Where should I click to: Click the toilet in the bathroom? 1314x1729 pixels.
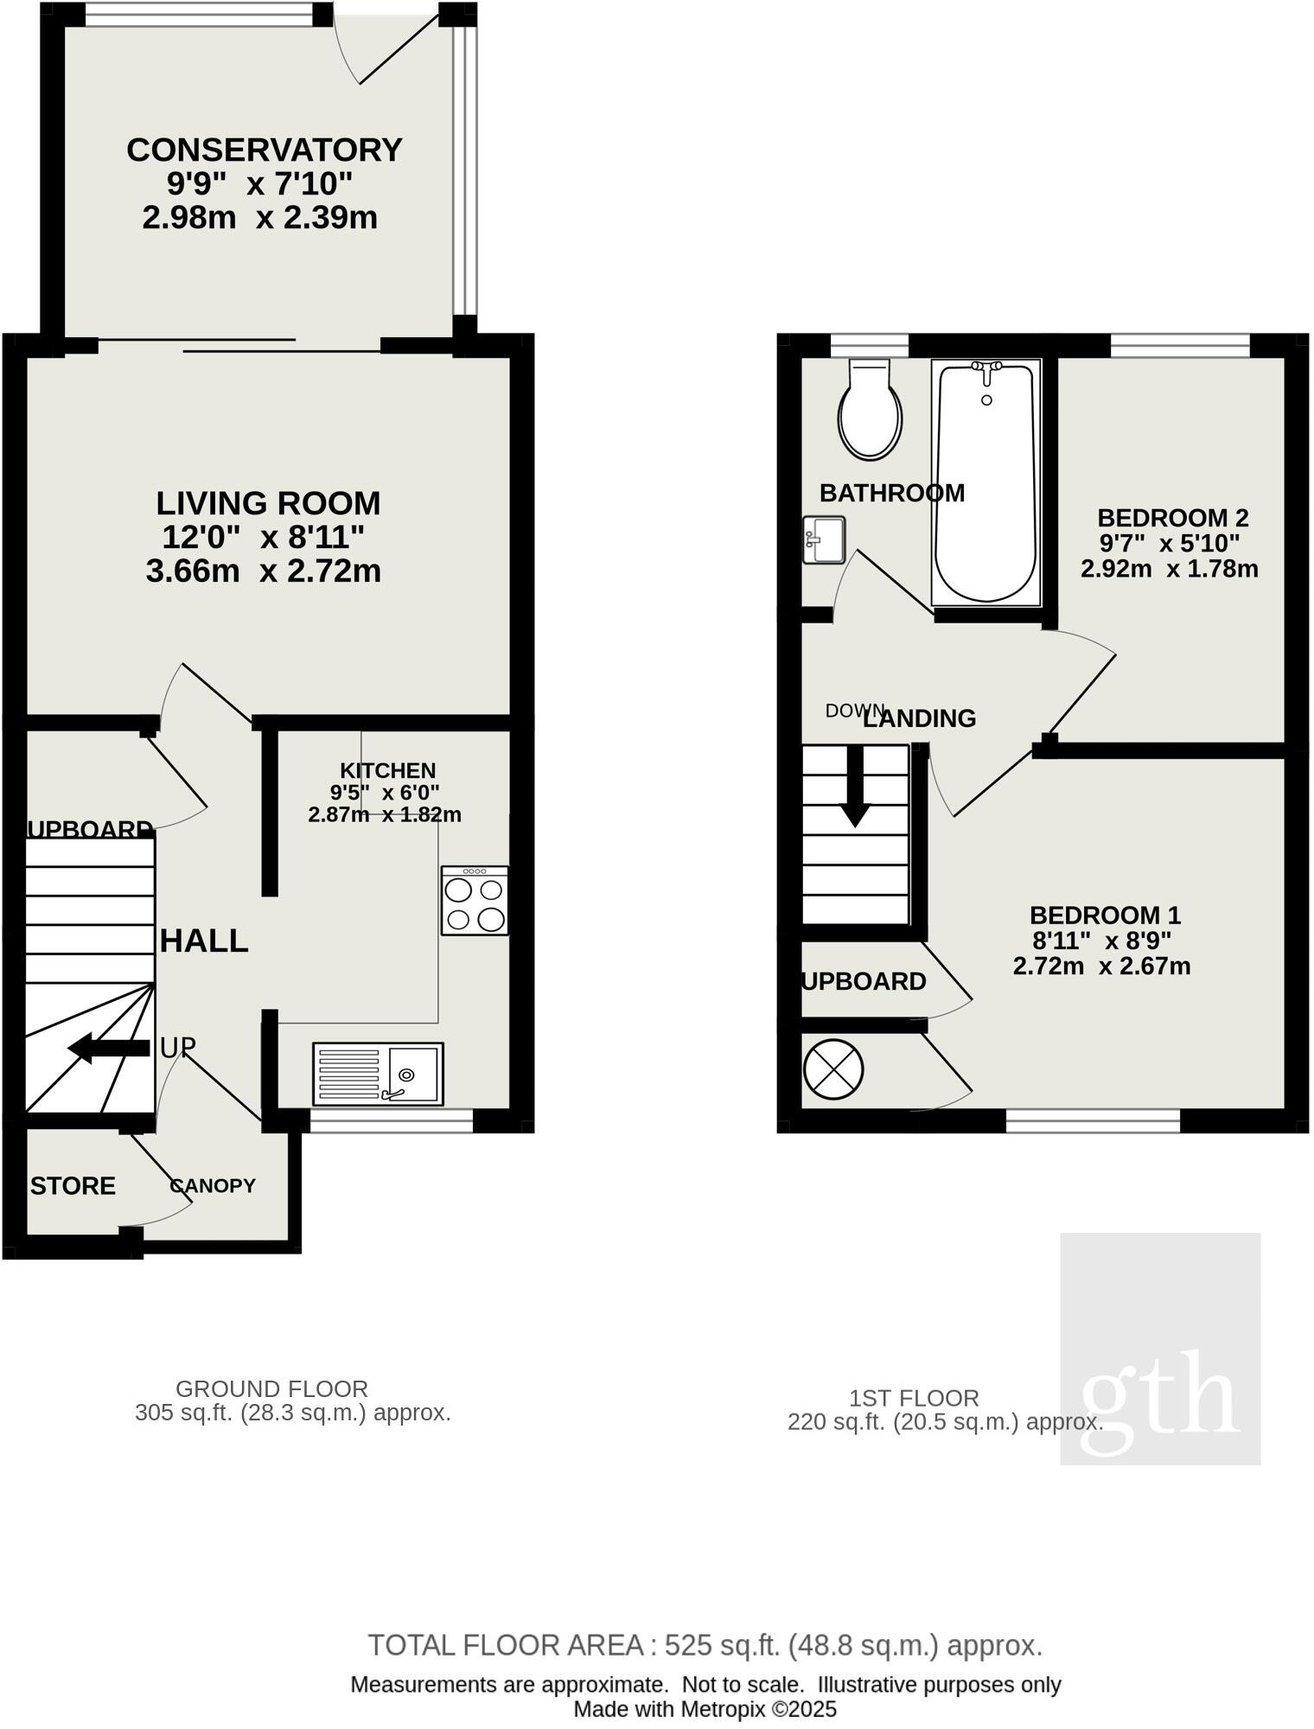pyautogui.click(x=870, y=411)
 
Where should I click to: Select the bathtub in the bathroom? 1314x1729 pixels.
pyautogui.click(x=985, y=482)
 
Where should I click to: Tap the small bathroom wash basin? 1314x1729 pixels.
pyautogui.click(x=823, y=539)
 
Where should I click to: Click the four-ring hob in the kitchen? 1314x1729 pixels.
pyautogui.click(x=475, y=901)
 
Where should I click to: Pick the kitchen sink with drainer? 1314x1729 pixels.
pyautogui.click(x=378, y=1074)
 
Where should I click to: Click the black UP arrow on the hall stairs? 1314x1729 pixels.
pyautogui.click(x=109, y=1048)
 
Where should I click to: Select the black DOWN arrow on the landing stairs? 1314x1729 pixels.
pyautogui.click(x=855, y=786)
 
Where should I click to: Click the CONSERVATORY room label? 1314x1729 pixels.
pyautogui.click(x=264, y=150)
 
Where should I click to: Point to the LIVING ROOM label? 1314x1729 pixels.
pyautogui.click(x=268, y=502)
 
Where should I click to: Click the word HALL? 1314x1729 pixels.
pyautogui.click(x=204, y=941)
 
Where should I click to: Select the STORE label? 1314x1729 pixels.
pyautogui.click(x=73, y=1185)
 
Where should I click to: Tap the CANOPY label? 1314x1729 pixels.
pyautogui.click(x=213, y=1185)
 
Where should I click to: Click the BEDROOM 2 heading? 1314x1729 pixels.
pyautogui.click(x=1172, y=518)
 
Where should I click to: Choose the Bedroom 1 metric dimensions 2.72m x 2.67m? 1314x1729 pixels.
pyautogui.click(x=1101, y=966)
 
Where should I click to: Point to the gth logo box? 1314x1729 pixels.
pyautogui.click(x=1159, y=1349)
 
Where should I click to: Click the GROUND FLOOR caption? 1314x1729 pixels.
pyautogui.click(x=271, y=1388)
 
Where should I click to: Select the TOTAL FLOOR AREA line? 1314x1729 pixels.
pyautogui.click(x=705, y=1644)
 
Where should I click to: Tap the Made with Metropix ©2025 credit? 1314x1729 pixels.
pyautogui.click(x=705, y=1709)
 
